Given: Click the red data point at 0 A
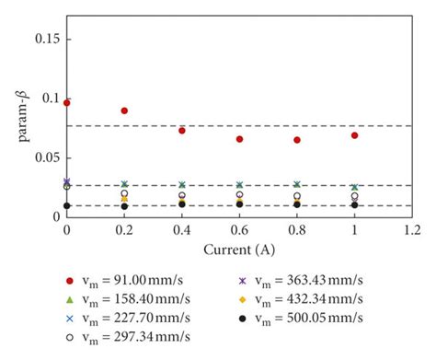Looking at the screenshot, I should click(66, 103).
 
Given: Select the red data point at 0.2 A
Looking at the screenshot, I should click(124, 110).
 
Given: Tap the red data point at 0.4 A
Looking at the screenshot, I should click(182, 131).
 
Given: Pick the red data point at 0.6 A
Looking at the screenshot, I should click(239, 139).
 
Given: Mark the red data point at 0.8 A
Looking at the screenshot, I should click(297, 140).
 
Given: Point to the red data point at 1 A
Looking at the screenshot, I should click(354, 135).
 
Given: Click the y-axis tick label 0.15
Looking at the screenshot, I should click(46, 40).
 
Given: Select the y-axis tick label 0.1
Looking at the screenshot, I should click(50, 99).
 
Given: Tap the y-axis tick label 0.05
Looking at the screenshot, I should click(46, 157).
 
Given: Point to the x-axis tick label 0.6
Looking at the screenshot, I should click(239, 229).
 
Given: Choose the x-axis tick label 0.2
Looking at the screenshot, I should click(124, 229).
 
